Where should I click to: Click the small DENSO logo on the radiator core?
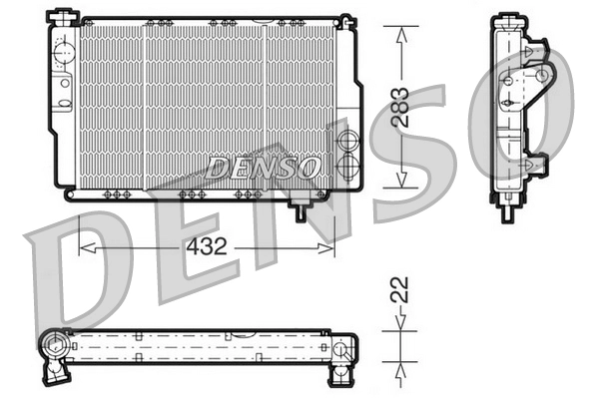coord(263,167)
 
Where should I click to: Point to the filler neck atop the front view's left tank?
coord(63,14)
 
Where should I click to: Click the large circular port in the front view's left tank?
coord(64,48)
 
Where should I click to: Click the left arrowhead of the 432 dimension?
coord(85,245)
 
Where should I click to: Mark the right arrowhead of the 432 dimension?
coord(330,245)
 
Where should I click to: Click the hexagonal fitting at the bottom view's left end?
coord(52,348)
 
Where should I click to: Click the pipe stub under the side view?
coord(510,206)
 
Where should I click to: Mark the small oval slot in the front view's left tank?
coord(65,83)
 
